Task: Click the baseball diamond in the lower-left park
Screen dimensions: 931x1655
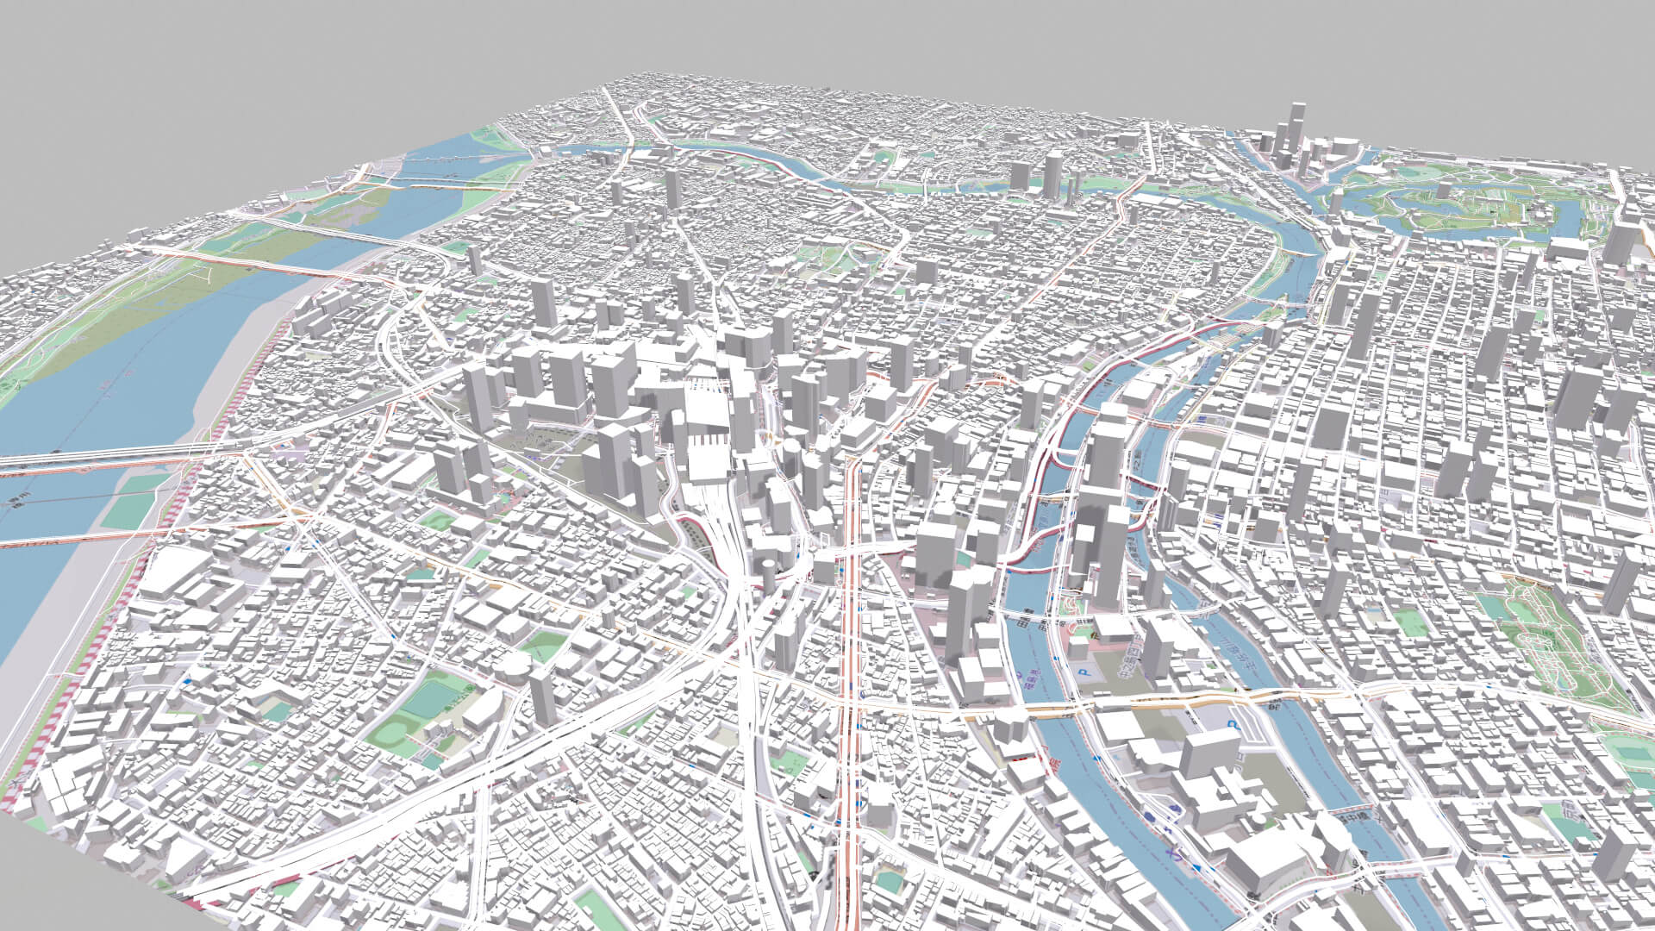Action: click(x=393, y=734)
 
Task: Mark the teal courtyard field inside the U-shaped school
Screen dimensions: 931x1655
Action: click(x=278, y=710)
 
